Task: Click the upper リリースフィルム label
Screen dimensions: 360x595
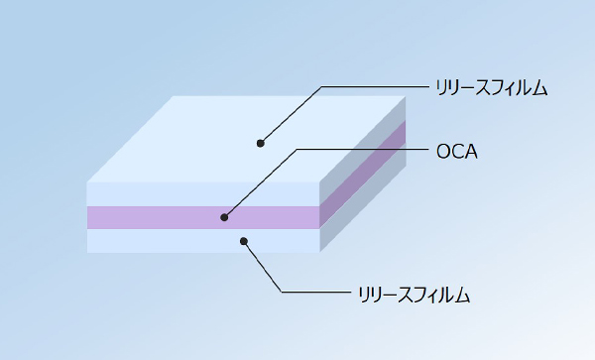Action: pos(492,88)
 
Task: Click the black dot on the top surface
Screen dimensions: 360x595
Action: pos(261,143)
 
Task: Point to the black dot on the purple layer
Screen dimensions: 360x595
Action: pos(225,217)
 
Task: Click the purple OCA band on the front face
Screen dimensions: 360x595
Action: pos(149,217)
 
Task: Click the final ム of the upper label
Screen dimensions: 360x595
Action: pos(540,88)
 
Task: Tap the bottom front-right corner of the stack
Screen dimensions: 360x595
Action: pos(319,252)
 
